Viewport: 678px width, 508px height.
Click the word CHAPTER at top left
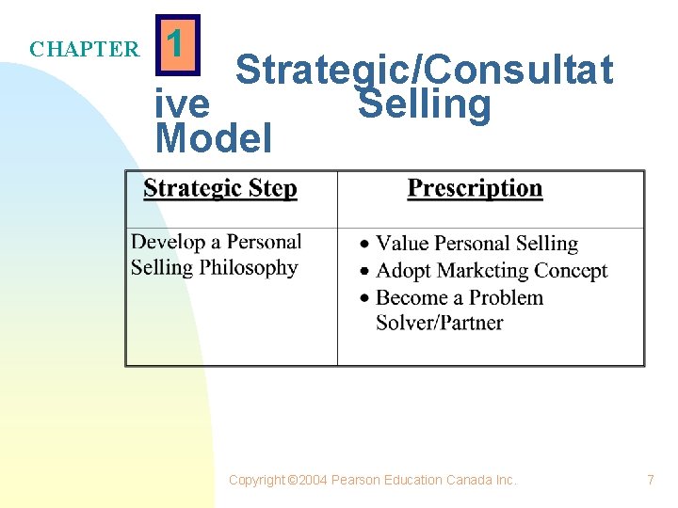[x=84, y=49]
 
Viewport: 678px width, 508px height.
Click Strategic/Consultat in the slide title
[x=424, y=70]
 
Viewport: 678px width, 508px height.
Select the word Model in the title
[x=214, y=138]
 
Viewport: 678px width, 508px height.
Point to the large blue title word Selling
[x=424, y=104]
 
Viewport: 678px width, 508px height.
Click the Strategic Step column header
[x=219, y=189]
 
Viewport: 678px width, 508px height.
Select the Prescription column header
[x=475, y=189]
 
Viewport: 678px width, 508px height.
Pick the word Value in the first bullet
[x=402, y=244]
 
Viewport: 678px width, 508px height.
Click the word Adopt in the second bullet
[x=402, y=271]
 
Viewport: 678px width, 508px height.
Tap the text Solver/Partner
[x=439, y=324]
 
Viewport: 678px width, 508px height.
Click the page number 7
[x=650, y=480]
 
